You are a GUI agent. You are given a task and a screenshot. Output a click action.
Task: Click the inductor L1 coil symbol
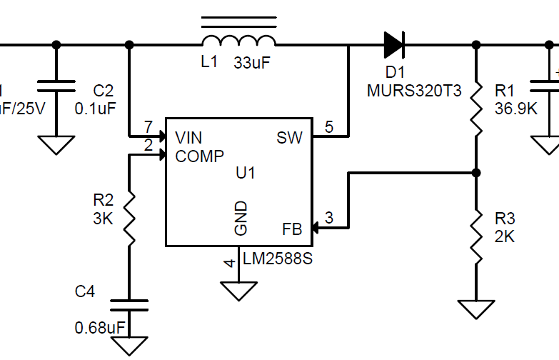(x=238, y=39)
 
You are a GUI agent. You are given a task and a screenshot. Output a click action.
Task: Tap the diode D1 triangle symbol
(x=393, y=44)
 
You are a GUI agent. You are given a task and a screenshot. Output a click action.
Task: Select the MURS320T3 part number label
(x=414, y=91)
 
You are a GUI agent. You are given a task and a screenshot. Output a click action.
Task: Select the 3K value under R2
(x=103, y=219)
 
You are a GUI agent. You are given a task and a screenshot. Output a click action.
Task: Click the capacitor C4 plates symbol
(x=129, y=305)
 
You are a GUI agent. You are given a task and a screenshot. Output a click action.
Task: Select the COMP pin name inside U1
(x=200, y=156)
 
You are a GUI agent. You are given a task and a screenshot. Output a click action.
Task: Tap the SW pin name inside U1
(x=289, y=138)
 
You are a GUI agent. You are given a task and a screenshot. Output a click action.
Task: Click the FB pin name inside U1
(x=292, y=229)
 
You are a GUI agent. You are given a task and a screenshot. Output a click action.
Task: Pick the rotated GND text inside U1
(x=241, y=218)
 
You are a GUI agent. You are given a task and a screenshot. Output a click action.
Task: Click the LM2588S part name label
(x=278, y=259)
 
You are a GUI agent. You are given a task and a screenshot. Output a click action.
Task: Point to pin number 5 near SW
(x=328, y=127)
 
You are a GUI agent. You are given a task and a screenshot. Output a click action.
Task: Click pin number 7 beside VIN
(x=148, y=127)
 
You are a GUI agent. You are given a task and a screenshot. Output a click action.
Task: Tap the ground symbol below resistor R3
(x=476, y=309)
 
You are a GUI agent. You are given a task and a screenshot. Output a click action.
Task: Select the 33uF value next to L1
(x=252, y=63)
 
